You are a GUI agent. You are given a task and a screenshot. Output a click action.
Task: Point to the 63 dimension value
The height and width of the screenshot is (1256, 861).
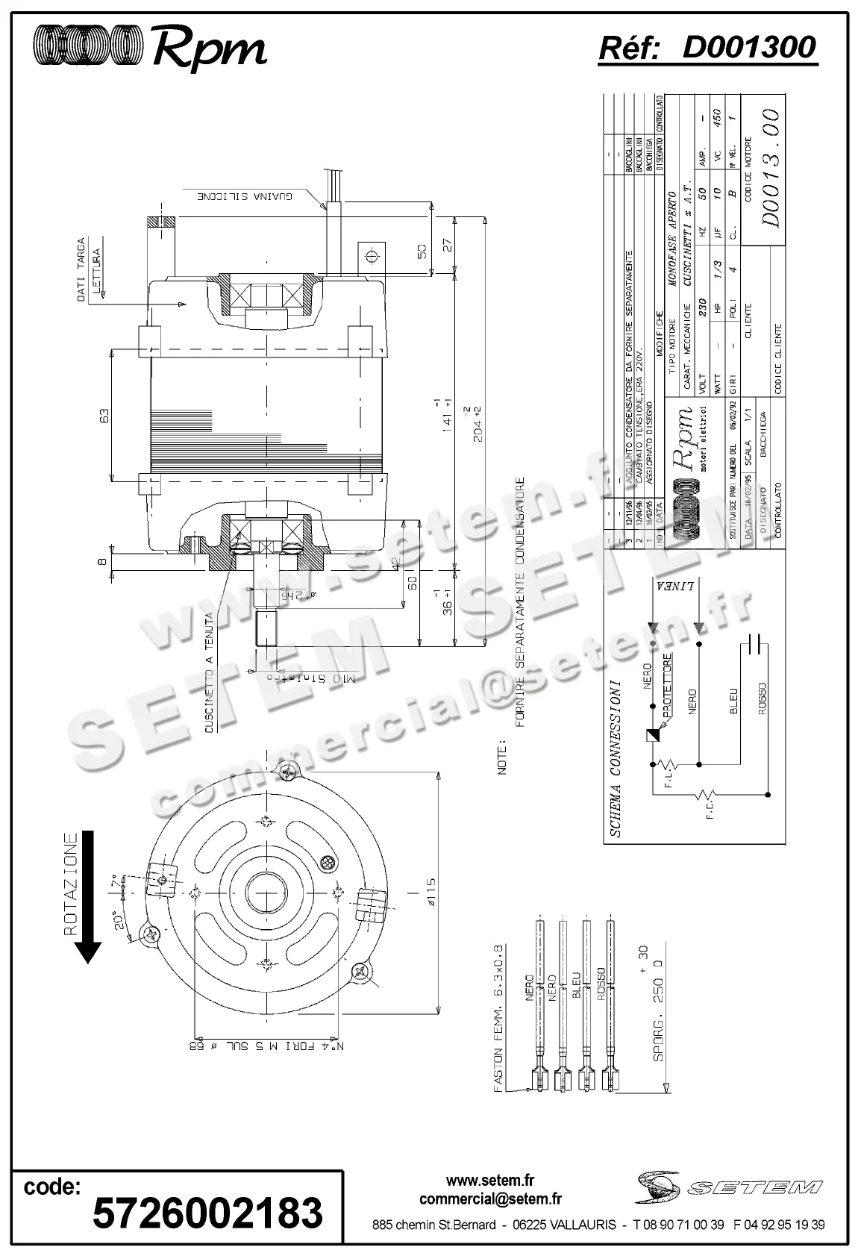click(104, 414)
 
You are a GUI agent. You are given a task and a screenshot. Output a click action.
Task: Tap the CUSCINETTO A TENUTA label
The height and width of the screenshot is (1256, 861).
click(210, 675)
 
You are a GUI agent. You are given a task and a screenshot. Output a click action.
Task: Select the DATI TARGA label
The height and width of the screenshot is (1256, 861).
click(82, 270)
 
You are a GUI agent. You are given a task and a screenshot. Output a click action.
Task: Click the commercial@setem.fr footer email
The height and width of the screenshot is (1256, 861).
click(490, 1199)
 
